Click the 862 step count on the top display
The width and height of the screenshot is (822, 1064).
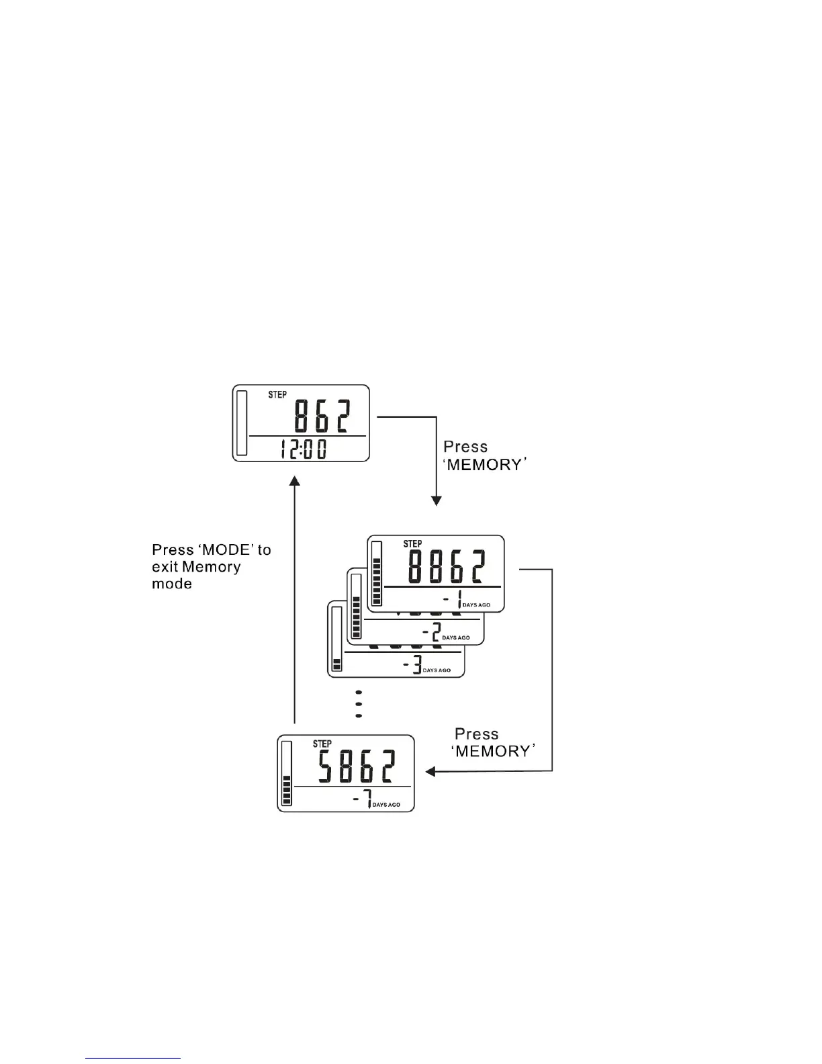321,416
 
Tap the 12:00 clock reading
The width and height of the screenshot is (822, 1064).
303,449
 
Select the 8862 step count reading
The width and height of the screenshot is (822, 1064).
447,567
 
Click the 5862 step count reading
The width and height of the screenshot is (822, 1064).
357,766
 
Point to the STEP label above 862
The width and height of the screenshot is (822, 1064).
277,394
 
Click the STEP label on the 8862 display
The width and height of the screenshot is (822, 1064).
412,543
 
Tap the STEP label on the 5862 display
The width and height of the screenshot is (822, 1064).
322,744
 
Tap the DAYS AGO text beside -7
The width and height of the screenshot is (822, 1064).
386,805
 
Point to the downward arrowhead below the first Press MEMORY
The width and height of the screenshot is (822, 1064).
437,500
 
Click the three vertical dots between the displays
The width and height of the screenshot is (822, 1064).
359,704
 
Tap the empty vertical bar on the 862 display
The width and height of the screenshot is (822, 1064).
242,423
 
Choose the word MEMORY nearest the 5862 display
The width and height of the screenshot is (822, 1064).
495,751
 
